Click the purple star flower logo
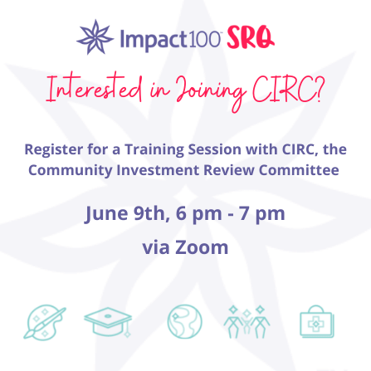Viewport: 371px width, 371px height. (95, 37)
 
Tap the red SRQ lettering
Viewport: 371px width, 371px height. (251, 37)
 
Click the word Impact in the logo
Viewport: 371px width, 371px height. (154, 40)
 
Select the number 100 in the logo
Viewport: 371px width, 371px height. (204, 39)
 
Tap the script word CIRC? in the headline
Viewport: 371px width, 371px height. (288, 90)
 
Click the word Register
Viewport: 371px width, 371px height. (54, 150)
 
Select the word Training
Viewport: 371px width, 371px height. (154, 150)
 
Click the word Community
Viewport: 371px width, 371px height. (71, 170)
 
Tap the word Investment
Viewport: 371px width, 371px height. (158, 170)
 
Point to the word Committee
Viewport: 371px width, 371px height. (299, 170)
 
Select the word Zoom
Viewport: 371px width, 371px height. (202, 247)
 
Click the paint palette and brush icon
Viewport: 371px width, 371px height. (45, 322)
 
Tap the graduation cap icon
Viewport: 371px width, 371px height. (108, 322)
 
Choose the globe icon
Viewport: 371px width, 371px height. (185, 321)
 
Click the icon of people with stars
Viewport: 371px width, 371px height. (247, 322)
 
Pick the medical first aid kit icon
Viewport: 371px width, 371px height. (317, 321)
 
